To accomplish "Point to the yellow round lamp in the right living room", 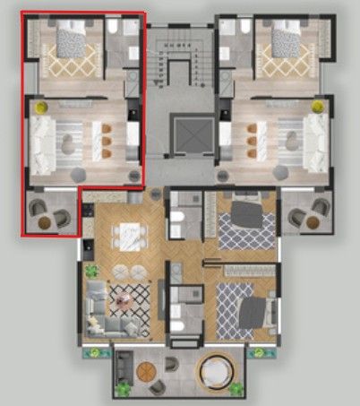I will point(316,107).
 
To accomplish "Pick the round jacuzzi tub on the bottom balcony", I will point(216,370).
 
